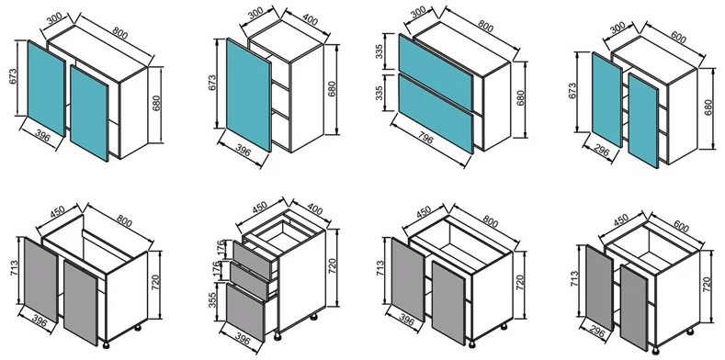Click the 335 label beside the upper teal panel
click(379, 52)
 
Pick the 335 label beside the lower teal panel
click(379, 94)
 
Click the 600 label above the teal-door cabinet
click(678, 37)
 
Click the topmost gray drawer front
click(252, 260)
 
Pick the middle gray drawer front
click(249, 281)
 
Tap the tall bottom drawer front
click(245, 313)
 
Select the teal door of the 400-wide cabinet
click(249, 95)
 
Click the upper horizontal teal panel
click(436, 72)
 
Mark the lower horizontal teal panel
click(436, 114)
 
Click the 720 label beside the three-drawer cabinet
click(332, 267)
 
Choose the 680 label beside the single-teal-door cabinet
click(332, 89)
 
